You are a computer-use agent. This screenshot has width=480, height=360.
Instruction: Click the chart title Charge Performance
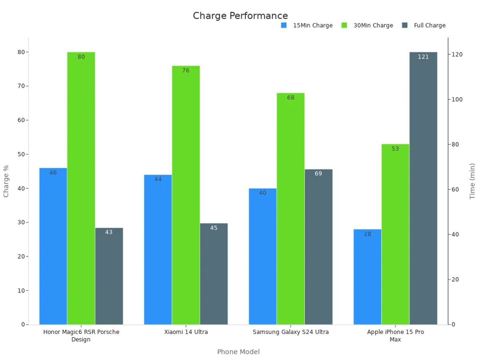click(240, 16)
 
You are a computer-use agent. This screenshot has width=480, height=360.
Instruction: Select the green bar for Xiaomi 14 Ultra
click(186, 196)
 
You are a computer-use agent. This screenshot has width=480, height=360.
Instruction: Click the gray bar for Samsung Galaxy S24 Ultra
click(318, 248)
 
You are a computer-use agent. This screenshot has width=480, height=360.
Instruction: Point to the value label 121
click(423, 57)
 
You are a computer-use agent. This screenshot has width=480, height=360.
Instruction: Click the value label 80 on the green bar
click(81, 57)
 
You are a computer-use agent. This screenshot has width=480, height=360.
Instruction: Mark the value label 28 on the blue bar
click(368, 234)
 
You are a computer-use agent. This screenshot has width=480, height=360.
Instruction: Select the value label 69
click(318, 174)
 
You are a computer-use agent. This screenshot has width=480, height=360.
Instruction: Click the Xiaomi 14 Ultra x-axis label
click(186, 332)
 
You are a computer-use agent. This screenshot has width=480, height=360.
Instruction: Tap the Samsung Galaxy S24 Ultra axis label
click(291, 332)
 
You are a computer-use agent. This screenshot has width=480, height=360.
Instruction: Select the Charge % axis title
click(6, 181)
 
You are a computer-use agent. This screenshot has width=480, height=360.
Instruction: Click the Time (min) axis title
click(472, 181)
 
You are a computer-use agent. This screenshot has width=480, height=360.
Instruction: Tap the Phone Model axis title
click(238, 352)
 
